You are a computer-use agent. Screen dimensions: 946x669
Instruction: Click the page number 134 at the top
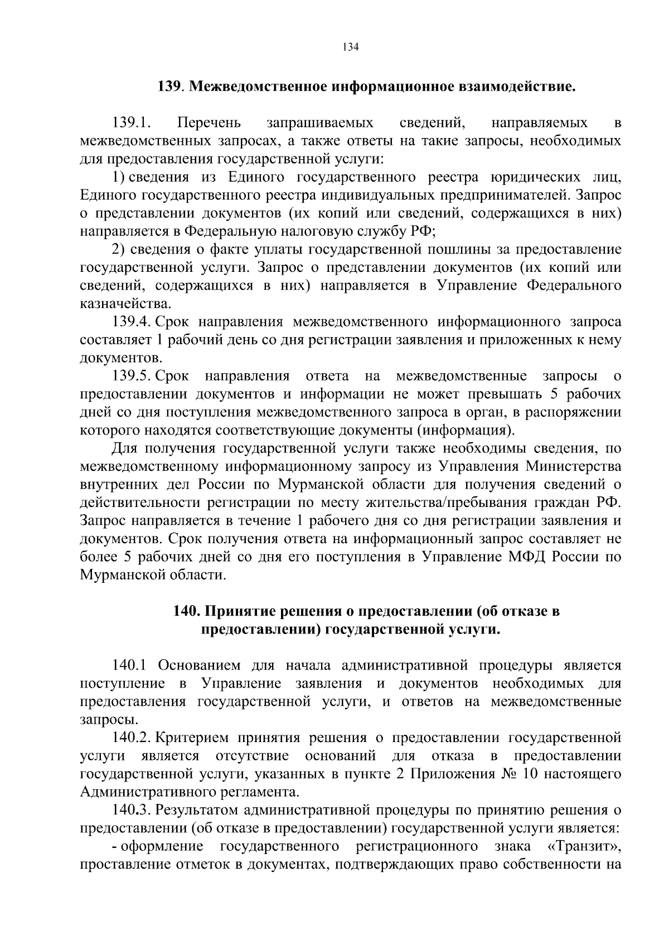pos(350,47)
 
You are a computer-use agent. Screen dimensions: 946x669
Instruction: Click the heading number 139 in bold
pos(169,86)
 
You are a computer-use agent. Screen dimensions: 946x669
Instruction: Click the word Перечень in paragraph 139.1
pos(210,123)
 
